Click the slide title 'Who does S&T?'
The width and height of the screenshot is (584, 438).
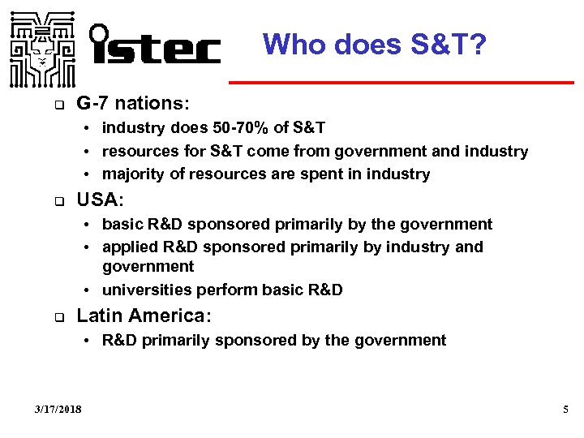375,44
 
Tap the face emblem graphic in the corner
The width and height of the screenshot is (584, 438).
40,49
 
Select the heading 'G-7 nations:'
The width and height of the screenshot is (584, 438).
133,104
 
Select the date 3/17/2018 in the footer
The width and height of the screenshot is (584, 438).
58,410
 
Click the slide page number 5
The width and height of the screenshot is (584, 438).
566,410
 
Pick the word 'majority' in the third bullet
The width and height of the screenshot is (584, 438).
131,174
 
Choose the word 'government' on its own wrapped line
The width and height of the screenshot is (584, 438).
148,267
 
